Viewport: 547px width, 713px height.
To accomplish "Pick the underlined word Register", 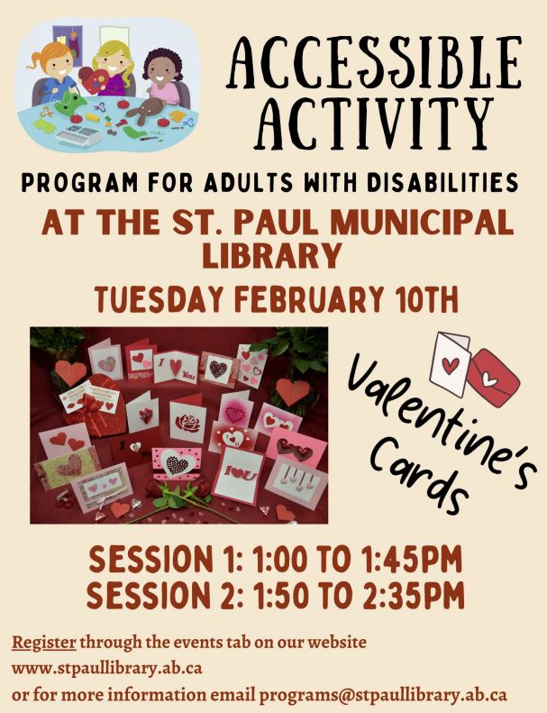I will pos(43,644).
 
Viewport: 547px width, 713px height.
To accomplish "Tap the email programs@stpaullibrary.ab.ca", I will pos(383,696).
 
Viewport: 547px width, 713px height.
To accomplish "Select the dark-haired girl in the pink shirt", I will pos(162,77).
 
